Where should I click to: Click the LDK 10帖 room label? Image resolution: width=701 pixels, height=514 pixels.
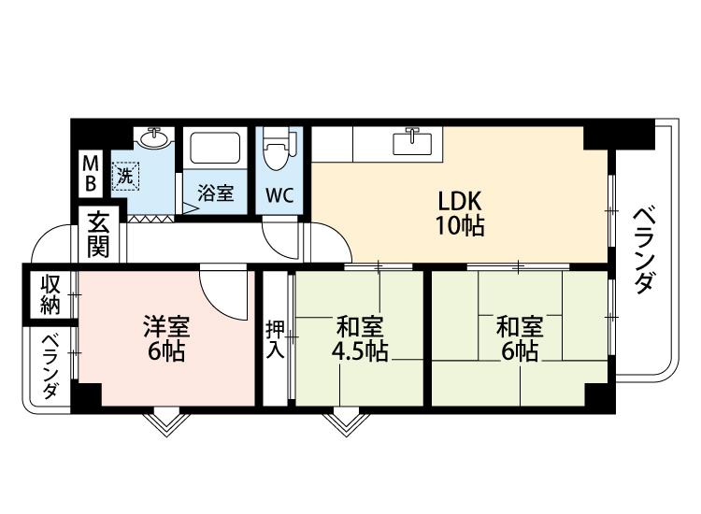tap(460, 213)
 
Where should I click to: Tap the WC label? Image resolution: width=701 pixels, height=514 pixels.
tap(279, 195)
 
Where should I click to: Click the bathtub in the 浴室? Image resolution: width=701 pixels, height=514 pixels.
tap(215, 148)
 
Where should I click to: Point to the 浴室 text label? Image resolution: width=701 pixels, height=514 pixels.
tap(216, 193)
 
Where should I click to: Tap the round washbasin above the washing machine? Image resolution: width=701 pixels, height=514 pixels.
tap(154, 136)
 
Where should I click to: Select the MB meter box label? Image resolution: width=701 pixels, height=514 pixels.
tap(91, 174)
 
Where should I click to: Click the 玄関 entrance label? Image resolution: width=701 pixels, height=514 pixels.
tap(98, 236)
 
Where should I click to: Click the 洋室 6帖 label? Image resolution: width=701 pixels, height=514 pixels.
tap(166, 338)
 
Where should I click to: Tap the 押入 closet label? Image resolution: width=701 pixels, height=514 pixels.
tap(275, 339)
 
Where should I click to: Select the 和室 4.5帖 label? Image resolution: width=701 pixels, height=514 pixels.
tap(360, 338)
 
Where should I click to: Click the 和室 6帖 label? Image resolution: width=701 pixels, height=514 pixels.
tap(520, 338)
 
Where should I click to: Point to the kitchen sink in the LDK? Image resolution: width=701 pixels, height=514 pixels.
tap(412, 141)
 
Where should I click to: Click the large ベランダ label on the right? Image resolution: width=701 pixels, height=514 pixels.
tap(644, 250)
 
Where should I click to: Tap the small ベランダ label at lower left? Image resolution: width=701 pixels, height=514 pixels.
tap(50, 366)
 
